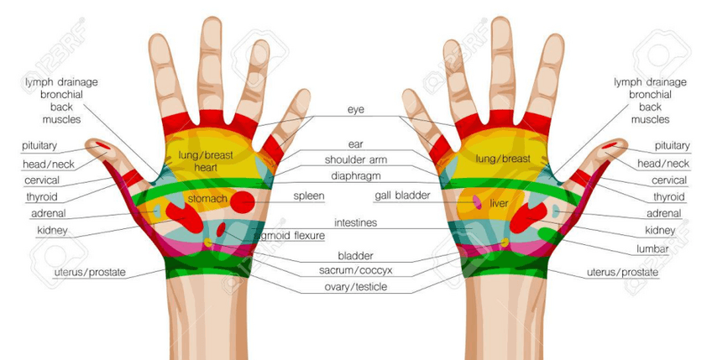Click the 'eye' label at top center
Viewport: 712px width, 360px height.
click(x=356, y=110)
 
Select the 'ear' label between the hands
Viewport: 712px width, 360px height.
click(x=356, y=144)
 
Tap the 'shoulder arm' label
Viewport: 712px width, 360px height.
click(x=356, y=159)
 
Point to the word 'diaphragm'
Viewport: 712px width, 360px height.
click(x=356, y=176)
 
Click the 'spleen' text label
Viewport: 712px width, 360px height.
click(x=308, y=196)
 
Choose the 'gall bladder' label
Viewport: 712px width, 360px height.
click(x=402, y=196)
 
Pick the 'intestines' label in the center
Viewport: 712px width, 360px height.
click(x=356, y=223)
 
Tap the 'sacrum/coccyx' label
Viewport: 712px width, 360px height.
click(x=356, y=270)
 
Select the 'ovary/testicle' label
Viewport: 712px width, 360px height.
click(x=356, y=287)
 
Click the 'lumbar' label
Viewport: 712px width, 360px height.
click(x=652, y=250)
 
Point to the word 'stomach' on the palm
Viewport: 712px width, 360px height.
click(x=207, y=199)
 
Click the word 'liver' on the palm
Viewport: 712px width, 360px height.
click(x=500, y=203)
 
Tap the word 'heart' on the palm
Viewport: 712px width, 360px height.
click(x=206, y=168)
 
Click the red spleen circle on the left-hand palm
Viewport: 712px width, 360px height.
click(x=243, y=201)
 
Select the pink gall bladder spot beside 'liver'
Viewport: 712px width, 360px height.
click(x=478, y=202)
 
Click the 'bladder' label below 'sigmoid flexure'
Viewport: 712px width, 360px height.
click(x=356, y=255)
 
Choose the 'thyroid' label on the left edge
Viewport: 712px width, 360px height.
click(x=42, y=197)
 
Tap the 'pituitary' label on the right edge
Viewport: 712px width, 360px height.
click(x=672, y=146)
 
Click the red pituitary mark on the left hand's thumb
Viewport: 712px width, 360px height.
click(x=102, y=146)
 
